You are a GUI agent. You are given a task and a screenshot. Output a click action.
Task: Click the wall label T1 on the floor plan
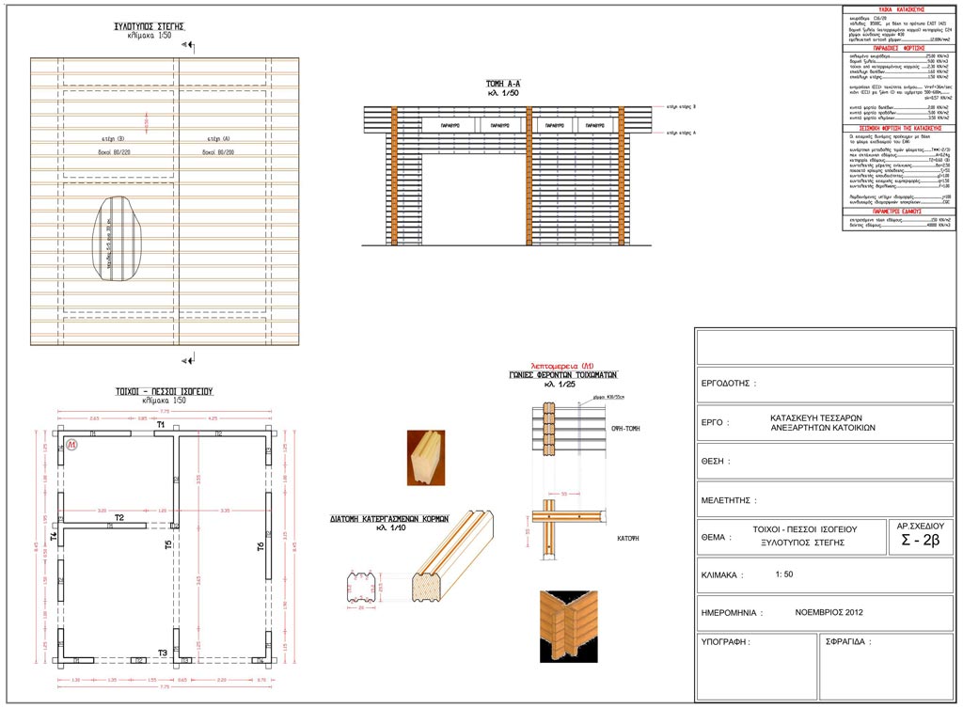(x=161, y=426)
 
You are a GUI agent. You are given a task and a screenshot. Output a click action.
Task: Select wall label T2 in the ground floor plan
(x=119, y=518)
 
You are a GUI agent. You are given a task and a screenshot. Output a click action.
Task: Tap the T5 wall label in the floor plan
(x=168, y=544)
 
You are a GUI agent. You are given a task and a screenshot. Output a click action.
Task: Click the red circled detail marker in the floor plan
(x=71, y=444)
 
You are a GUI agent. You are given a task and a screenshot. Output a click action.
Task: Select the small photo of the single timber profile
(x=426, y=458)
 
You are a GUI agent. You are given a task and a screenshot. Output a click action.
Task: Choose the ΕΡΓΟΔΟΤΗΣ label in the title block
(x=729, y=384)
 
